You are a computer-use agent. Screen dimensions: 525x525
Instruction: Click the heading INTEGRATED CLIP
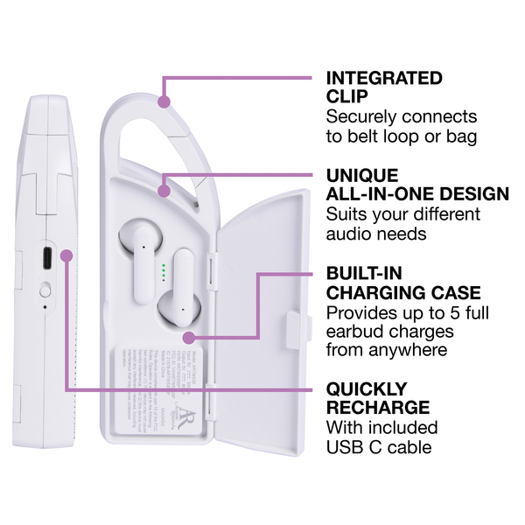[x=384, y=87]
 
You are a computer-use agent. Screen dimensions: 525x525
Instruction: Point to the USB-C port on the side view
[x=45, y=259]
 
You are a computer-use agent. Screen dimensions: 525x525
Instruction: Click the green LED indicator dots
[x=164, y=269]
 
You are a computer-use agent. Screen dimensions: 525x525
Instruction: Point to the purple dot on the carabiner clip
[x=164, y=102]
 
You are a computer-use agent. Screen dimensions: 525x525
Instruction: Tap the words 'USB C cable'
[x=379, y=448]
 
